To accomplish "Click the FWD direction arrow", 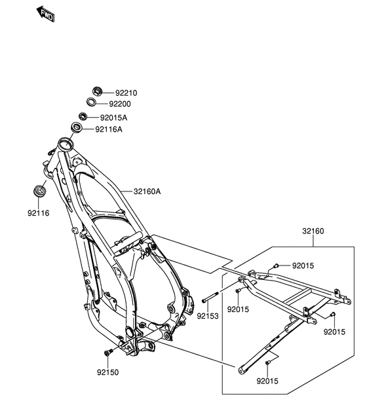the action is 45,14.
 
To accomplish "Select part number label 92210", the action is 126,93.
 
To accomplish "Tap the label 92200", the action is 120,104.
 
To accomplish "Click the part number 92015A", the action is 114,118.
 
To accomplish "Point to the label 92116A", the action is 109,130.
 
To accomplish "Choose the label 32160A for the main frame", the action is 147,191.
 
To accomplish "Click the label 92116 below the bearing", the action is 39,213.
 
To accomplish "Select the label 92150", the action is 107,372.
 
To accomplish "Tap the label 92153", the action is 208,316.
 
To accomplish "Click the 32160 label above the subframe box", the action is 313,231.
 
